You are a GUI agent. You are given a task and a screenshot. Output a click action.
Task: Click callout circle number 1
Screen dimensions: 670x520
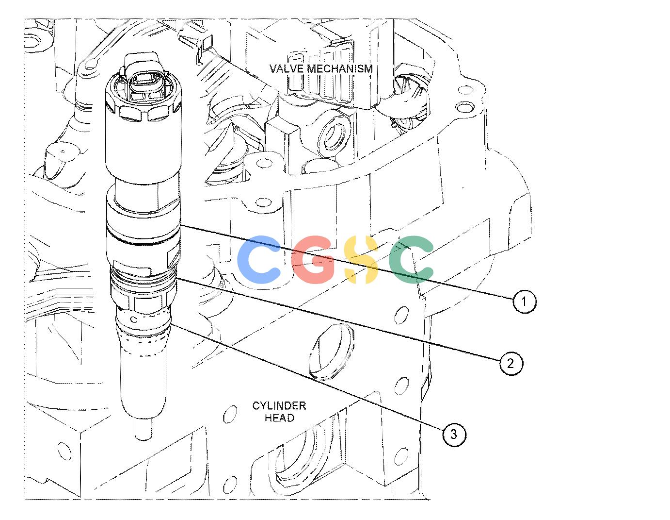pos(525,301)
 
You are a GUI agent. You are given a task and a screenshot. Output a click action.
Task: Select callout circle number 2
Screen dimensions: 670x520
pos(511,363)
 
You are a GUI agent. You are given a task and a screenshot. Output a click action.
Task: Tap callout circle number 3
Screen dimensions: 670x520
pos(454,435)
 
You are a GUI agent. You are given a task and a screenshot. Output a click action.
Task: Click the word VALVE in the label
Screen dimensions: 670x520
pos(287,68)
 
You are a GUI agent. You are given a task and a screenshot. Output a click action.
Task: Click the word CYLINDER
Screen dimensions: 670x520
pos(279,406)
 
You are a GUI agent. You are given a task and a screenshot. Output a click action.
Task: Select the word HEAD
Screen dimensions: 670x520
pos(279,418)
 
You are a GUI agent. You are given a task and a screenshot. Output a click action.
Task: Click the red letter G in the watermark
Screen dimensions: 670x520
pos(312,259)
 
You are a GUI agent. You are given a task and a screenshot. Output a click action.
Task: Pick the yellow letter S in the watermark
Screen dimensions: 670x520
pos(361,259)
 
